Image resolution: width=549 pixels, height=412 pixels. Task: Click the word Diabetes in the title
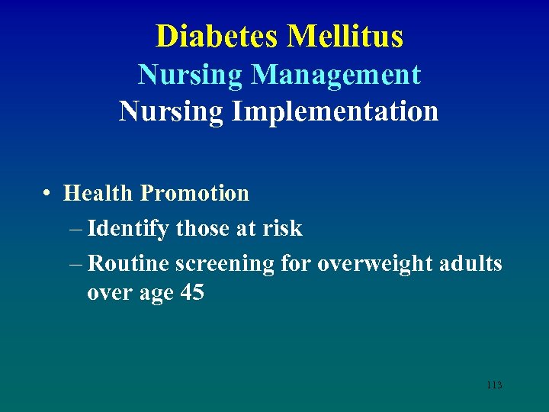click(217, 36)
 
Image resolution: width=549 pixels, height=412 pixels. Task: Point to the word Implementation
click(335, 111)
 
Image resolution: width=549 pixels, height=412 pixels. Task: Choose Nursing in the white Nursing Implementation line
click(171, 111)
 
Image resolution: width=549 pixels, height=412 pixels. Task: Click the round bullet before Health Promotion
click(48, 194)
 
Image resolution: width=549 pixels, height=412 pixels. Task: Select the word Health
click(98, 194)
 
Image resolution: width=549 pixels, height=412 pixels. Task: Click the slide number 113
click(493, 385)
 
